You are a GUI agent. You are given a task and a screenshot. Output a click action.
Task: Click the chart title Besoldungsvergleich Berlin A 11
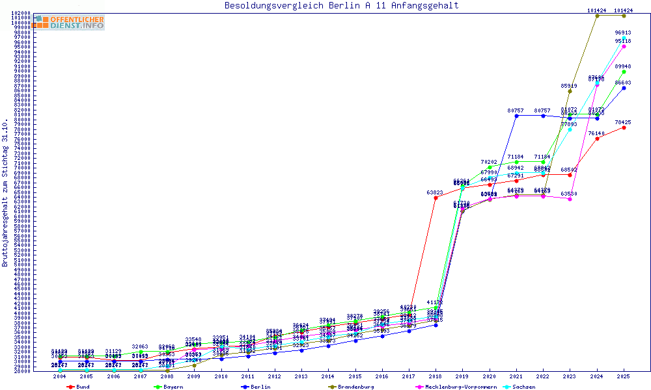point(341,6)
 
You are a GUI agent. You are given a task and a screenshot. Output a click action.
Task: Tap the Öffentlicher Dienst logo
point(68,23)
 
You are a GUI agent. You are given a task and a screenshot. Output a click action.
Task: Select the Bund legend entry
point(79,387)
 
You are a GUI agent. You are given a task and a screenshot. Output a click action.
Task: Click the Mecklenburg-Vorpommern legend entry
point(456,387)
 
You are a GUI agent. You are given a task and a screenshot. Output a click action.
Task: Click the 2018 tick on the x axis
point(435,376)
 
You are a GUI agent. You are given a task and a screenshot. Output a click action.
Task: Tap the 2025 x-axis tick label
point(624,376)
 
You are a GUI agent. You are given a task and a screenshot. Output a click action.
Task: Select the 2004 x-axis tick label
point(60,376)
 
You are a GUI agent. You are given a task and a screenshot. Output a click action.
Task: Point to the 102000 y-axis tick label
point(21,13)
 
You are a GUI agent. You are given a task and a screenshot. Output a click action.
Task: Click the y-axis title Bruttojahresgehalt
point(5,193)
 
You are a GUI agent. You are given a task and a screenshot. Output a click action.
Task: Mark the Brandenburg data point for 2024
point(597,16)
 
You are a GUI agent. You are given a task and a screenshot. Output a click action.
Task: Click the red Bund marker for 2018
point(436,198)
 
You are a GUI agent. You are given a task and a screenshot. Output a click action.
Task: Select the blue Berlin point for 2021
point(516,116)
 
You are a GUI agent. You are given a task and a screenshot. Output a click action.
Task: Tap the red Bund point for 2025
point(624,127)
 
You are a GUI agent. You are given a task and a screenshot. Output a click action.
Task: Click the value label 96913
point(623,32)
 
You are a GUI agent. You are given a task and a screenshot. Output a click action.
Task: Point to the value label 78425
point(623,122)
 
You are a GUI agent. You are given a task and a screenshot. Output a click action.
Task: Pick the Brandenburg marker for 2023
point(570,91)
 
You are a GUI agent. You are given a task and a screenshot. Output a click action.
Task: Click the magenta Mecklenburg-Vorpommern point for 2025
point(624,47)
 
